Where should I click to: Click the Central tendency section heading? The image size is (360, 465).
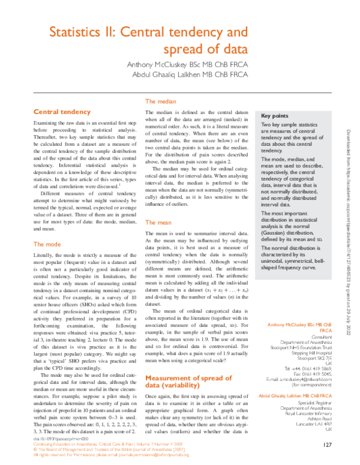[x=62, y=112]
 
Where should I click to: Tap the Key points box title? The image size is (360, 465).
[x=275, y=116]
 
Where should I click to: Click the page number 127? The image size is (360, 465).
[x=327, y=445]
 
